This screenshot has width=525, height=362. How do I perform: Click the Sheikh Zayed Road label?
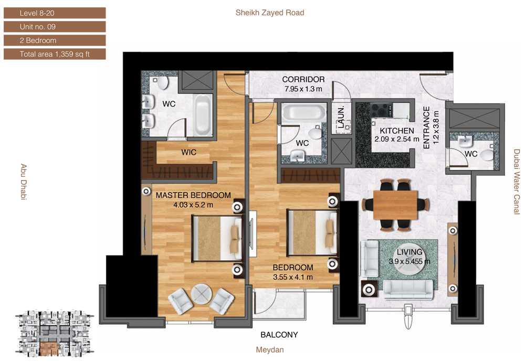270,13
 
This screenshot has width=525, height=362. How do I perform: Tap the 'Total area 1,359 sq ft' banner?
55,54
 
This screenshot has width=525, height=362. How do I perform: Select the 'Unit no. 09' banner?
55,27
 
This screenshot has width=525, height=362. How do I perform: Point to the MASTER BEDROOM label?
193,195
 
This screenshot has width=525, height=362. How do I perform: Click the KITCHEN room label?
397,131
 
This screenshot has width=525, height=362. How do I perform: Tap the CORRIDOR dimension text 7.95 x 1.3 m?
303,89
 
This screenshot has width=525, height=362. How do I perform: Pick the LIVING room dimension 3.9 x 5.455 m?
409,261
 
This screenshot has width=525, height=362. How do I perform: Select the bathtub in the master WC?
203,115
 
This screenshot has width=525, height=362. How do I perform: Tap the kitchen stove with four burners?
382,110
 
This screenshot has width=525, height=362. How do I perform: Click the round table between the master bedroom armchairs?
202,294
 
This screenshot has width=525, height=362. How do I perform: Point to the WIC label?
188,152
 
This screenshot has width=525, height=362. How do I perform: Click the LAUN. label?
341,118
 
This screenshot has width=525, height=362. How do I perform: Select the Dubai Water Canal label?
517,182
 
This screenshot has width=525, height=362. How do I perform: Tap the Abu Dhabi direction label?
24,182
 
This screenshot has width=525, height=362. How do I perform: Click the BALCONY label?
279,335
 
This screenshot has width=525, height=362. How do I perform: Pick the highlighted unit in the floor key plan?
48,349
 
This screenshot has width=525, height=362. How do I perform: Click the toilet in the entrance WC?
487,155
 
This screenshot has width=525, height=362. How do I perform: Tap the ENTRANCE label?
426,127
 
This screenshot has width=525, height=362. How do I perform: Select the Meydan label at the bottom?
270,350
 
